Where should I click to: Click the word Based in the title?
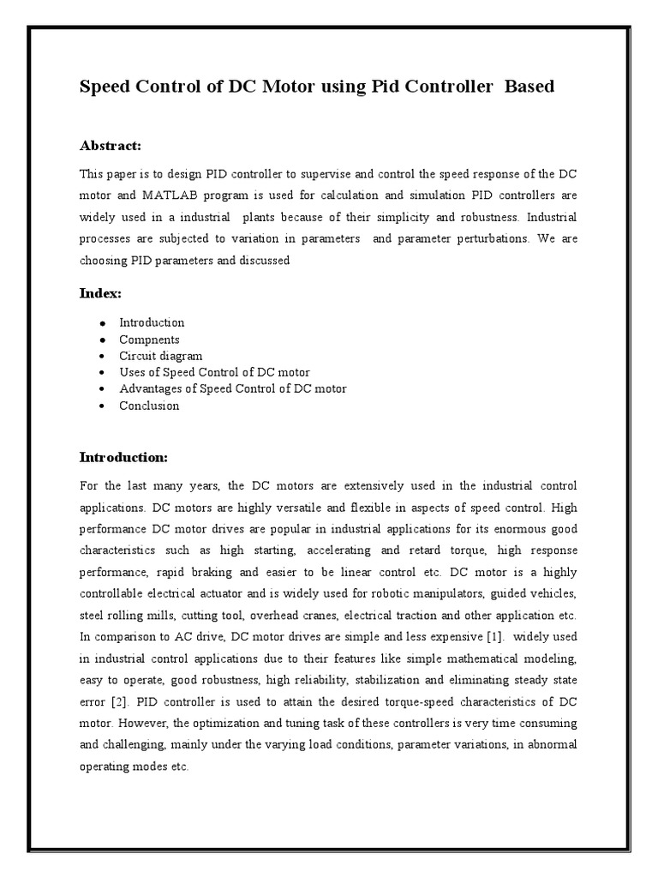point(530,87)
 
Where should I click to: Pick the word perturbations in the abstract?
point(479,238)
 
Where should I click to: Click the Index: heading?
point(100,293)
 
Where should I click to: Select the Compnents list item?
point(149,340)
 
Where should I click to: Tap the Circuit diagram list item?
point(161,356)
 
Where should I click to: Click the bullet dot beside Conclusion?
point(102,406)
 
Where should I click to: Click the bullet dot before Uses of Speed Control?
point(102,373)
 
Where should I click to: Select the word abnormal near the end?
point(547,743)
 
